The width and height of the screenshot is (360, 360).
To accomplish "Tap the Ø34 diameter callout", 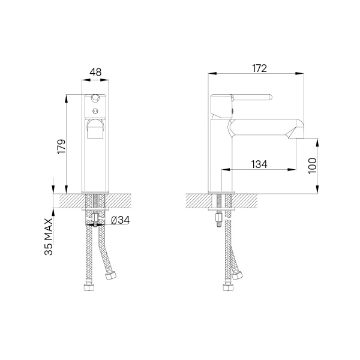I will pyautogui.click(x=120, y=221).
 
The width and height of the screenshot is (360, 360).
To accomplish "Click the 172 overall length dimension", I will pyautogui.click(x=259, y=68).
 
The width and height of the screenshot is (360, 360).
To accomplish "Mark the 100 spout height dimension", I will pyautogui.click(x=311, y=166).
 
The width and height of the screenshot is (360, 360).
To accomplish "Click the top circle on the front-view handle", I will pyautogui.click(x=94, y=98).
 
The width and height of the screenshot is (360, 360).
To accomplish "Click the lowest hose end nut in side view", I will pyautogui.click(x=227, y=287).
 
